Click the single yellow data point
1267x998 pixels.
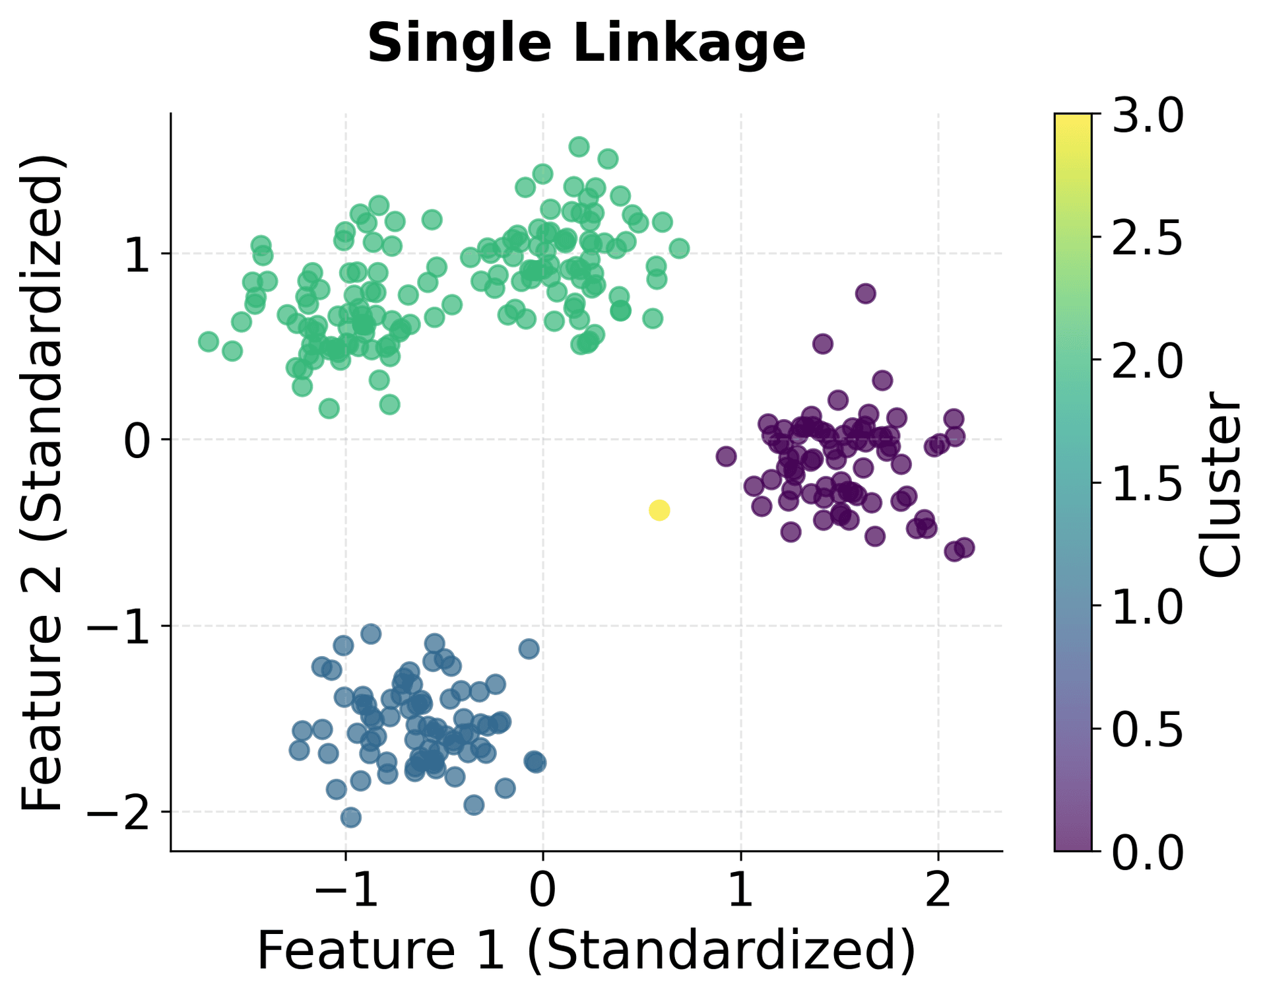[x=659, y=510]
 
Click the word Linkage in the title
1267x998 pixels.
[x=689, y=44]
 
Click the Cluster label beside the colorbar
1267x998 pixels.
[x=1221, y=484]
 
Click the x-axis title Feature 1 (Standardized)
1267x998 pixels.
[x=586, y=950]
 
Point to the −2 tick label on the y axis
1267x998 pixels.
[x=119, y=813]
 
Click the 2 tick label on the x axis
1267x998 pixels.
[x=938, y=889]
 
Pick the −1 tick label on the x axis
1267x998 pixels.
[x=345, y=889]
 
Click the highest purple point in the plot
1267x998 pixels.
[x=866, y=293]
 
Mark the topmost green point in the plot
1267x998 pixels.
[x=579, y=147]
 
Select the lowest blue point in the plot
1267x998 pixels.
[x=351, y=818]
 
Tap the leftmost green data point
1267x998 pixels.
[x=209, y=341]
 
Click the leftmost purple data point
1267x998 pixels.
[x=726, y=455]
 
